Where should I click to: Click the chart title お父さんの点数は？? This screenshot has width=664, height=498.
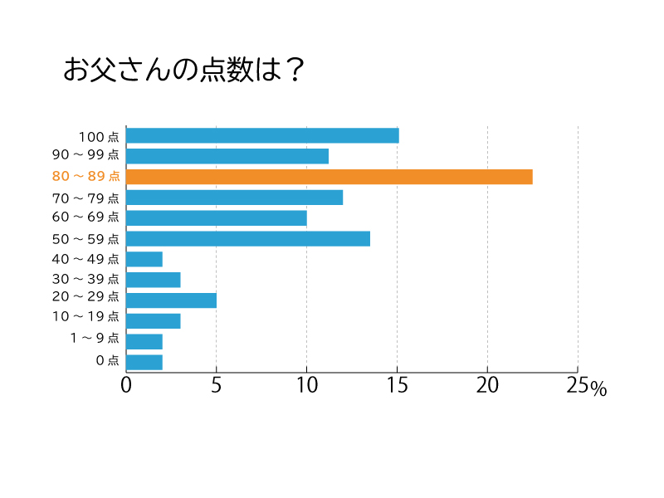[x=184, y=71]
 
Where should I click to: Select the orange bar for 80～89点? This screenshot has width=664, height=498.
[x=330, y=177]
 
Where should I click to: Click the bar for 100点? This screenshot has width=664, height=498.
[x=262, y=135]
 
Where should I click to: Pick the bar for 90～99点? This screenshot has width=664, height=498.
[x=227, y=156]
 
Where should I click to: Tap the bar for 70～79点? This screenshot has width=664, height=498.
[x=234, y=198]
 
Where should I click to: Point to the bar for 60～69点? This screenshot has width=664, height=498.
[x=217, y=218]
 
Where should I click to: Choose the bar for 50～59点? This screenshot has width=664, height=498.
[x=248, y=239]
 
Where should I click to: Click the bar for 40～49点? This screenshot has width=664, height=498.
[x=144, y=259]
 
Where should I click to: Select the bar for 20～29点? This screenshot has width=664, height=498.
[x=171, y=300]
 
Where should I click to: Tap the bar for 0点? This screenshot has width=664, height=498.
[x=144, y=362]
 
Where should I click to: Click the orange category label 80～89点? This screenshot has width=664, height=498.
[x=85, y=177]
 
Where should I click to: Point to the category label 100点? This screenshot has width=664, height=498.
[x=99, y=136]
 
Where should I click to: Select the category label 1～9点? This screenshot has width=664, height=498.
[x=95, y=339]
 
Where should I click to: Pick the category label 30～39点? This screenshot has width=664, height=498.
[x=85, y=280]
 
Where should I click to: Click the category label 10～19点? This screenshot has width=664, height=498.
[x=85, y=317]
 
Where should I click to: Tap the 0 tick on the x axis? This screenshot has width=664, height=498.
[x=126, y=386]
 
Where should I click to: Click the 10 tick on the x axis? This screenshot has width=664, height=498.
[x=306, y=386]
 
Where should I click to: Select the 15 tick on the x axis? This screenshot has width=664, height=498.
[x=397, y=386]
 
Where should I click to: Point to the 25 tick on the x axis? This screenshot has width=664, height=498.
[x=577, y=386]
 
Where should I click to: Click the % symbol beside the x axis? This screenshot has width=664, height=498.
[x=598, y=389]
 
